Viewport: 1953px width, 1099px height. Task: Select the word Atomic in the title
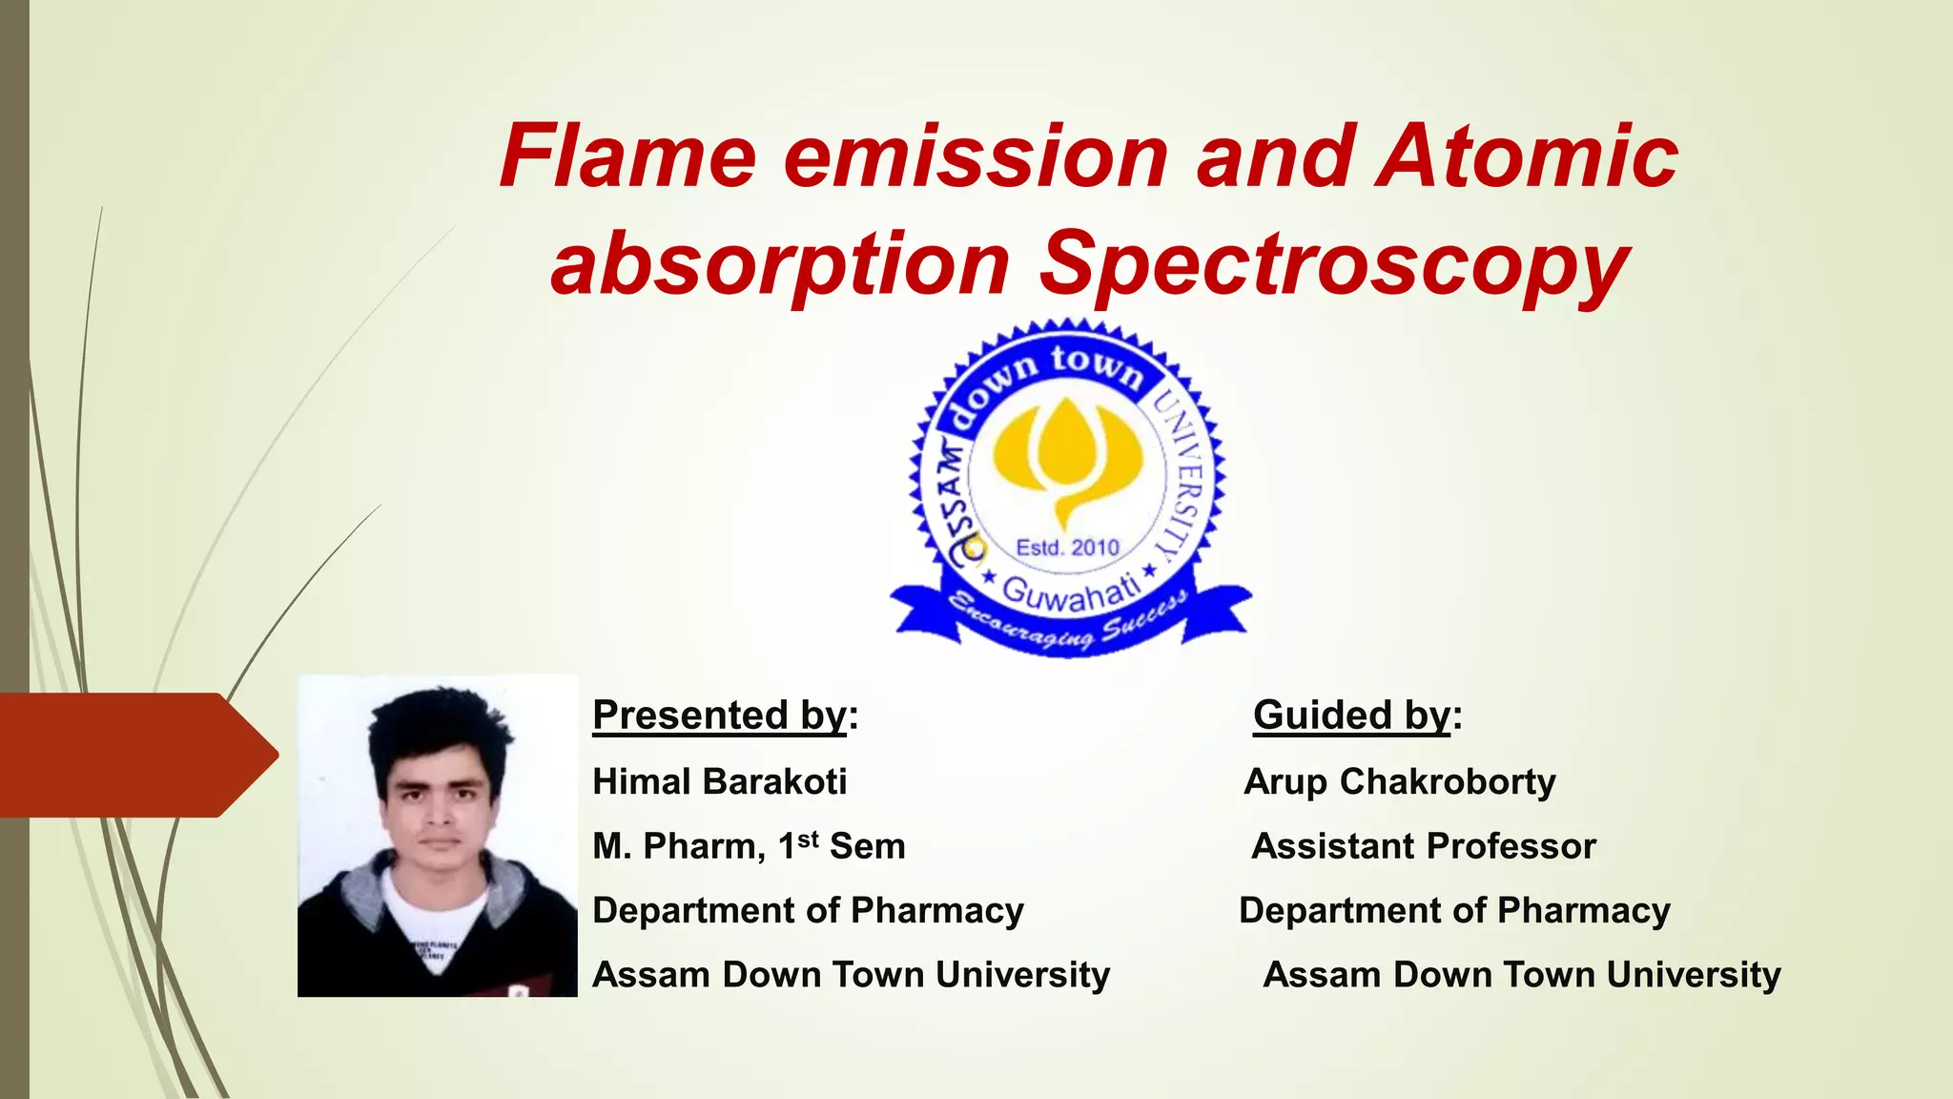pyautogui.click(x=1526, y=156)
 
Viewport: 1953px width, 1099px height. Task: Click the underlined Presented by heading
pyautogui.click(x=719, y=715)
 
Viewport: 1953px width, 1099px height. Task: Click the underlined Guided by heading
pyautogui.click(x=1352, y=715)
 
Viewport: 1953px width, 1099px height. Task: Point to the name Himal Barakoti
pyautogui.click(x=719, y=781)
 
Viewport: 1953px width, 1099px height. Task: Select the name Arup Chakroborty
pyautogui.click(x=1399, y=781)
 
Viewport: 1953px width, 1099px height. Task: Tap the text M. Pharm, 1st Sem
pyautogui.click(x=749, y=846)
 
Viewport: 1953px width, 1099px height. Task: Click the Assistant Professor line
pyautogui.click(x=1423, y=846)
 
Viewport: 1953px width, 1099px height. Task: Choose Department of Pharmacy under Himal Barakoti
pyautogui.click(x=808, y=910)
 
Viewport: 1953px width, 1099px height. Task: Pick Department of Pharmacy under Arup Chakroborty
pyautogui.click(x=1454, y=910)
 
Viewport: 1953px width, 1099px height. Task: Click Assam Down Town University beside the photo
pyautogui.click(x=851, y=975)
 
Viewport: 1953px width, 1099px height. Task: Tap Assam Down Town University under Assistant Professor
pyautogui.click(x=1521, y=975)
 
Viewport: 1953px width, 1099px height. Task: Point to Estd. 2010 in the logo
pyautogui.click(x=1067, y=548)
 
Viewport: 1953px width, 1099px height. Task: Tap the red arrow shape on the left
pyautogui.click(x=134, y=755)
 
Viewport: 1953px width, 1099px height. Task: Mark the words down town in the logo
pyautogui.click(x=1044, y=377)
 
